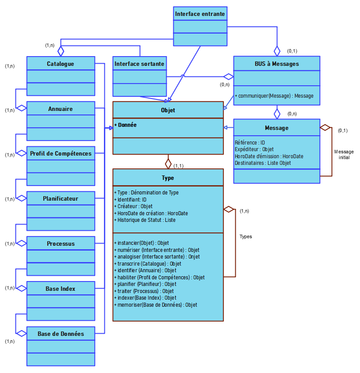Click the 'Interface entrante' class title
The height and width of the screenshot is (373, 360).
coord(200,14)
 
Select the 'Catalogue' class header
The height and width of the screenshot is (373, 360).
coord(61,64)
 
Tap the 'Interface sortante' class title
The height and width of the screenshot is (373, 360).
coord(139,64)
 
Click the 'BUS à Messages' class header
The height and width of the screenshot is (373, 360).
coord(276,64)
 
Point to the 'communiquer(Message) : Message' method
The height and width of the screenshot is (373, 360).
coord(274,96)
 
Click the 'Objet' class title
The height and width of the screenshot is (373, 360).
coord(168,110)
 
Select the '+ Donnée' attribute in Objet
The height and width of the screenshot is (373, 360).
coord(126,125)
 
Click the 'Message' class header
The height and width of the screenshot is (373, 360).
coord(276,128)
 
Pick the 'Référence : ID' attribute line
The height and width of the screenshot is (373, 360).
coord(250,143)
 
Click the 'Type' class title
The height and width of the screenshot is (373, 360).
coord(168,178)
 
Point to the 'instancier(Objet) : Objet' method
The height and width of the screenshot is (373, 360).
coord(142,243)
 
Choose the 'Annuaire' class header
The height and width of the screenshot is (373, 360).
coord(61,109)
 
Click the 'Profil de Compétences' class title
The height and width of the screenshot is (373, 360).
coord(61,154)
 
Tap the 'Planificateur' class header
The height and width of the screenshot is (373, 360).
coord(61,198)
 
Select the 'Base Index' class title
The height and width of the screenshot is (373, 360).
coord(61,289)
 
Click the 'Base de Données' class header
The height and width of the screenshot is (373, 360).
coord(61,334)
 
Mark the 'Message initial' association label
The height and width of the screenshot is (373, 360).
coord(344,154)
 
